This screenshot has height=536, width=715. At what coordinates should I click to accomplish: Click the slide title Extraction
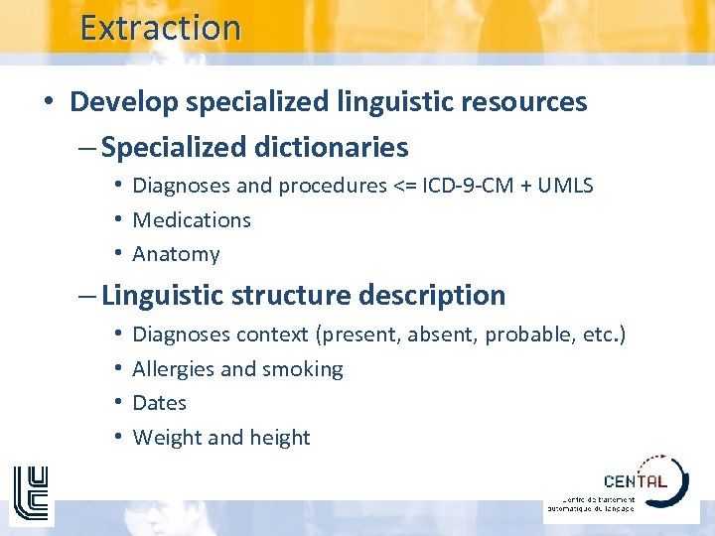160,28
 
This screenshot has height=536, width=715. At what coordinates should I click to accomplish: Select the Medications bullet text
192,219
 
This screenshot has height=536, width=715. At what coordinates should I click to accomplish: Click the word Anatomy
176,254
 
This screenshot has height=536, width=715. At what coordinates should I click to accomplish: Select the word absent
442,335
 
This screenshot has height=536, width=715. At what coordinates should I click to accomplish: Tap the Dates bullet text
159,403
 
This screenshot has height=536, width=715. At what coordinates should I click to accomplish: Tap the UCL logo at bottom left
30,493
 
